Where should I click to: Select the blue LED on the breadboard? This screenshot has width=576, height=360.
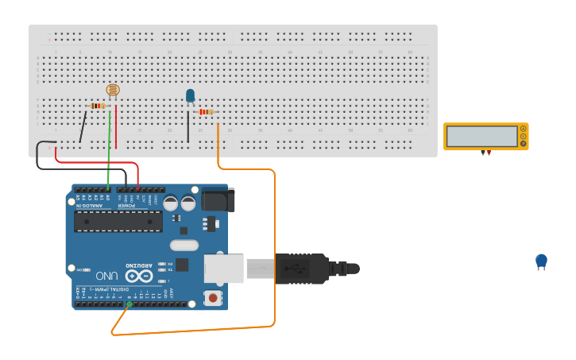(x=190, y=95)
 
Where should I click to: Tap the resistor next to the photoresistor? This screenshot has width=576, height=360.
(x=97, y=106)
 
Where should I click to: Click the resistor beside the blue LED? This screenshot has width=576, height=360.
(x=206, y=112)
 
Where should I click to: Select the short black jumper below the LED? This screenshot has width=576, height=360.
(x=188, y=126)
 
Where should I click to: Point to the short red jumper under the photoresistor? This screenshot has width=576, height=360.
(x=116, y=127)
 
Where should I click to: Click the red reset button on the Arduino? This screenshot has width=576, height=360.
(x=212, y=298)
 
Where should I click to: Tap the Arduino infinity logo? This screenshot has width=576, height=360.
(x=137, y=276)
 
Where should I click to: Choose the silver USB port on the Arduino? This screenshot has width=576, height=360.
(x=224, y=268)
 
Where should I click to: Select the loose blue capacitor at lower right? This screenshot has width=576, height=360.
(x=541, y=261)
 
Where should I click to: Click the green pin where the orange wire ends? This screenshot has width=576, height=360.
(x=130, y=304)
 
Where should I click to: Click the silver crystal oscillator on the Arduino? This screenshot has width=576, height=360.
(x=184, y=246)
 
